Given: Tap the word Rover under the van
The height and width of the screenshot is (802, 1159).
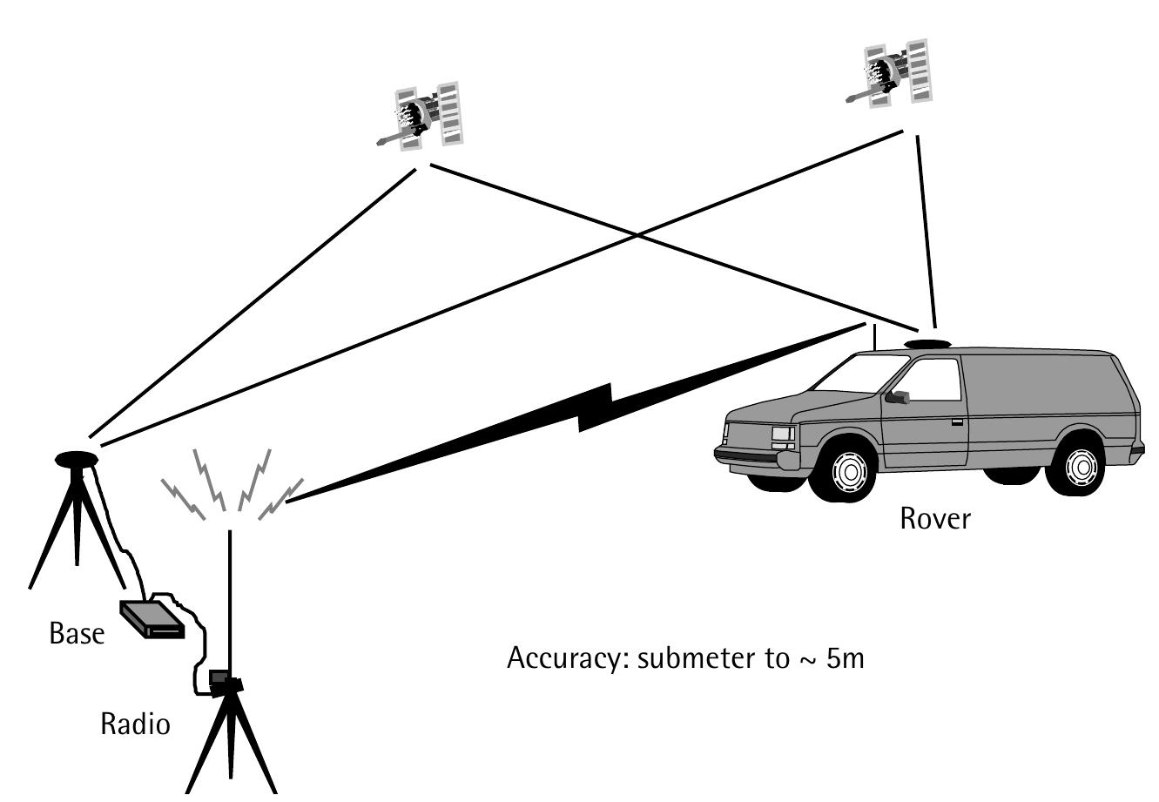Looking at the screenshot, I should click(x=934, y=519).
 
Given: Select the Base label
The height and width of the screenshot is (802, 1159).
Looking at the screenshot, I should click(x=77, y=633).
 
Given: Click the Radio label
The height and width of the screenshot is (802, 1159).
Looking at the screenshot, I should click(x=135, y=724).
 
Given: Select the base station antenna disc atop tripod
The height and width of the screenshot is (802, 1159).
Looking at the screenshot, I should click(x=77, y=457).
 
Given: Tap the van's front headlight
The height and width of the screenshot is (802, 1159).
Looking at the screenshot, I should click(x=782, y=434).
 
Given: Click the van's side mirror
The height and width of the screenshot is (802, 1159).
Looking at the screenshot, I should click(x=897, y=397).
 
